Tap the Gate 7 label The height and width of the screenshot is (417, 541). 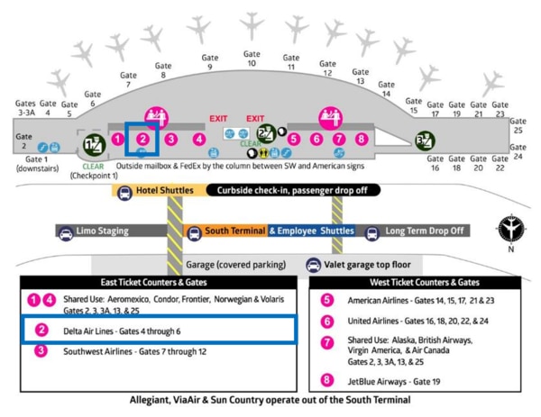tap(129, 80)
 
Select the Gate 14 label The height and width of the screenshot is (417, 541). tap(386, 88)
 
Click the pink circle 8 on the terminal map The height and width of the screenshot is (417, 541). tap(362, 139)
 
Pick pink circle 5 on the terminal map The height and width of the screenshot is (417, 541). tap(294, 139)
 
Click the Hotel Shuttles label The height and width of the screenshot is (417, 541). tap(158, 190)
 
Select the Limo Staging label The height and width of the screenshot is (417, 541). tap(101, 231)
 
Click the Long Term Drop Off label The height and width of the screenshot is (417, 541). tap(423, 231)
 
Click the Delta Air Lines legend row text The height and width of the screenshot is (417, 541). tap(129, 331)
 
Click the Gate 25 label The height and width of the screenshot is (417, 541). tap(518, 125)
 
